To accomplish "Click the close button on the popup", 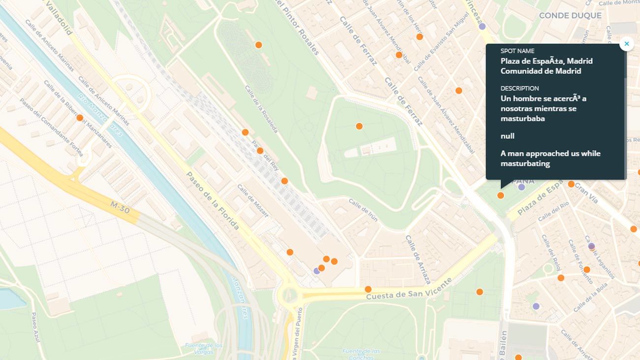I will [626, 44].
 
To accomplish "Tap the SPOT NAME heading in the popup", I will [517, 51].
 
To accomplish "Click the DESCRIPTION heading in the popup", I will [519, 88].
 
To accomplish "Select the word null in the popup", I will [508, 135].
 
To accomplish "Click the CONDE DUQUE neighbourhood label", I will [570, 15].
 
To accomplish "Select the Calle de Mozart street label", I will [253, 200].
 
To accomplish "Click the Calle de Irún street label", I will [363, 209].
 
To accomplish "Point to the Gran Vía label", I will [586, 193].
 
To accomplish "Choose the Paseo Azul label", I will [35, 327].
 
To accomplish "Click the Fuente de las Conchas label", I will [361, 354].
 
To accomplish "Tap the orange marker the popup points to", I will [501, 196].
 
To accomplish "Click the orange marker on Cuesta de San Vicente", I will [368, 289].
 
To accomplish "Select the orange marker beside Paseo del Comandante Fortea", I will [80, 118].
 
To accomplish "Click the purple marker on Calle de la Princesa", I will [482, 26].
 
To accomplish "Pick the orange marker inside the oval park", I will [359, 126].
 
